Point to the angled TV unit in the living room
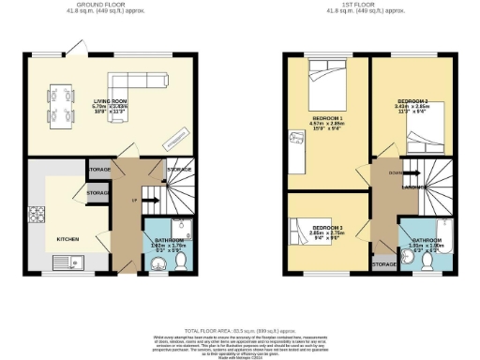click(x=172, y=140)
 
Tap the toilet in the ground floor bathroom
click(x=180, y=259)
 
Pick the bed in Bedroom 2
click(x=421, y=142)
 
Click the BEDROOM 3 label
click(x=325, y=228)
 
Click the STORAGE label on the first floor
click(x=382, y=265)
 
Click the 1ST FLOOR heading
click(x=359, y=5)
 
